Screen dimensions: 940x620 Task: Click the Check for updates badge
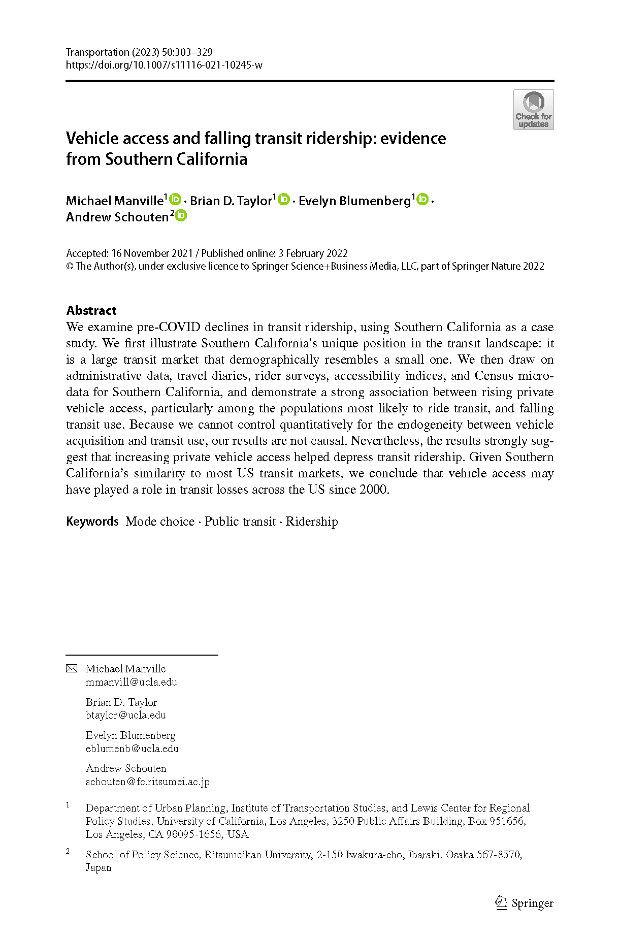coord(533,110)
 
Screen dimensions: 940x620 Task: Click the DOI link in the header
coord(164,65)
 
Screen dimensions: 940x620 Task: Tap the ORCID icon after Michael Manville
coord(176,199)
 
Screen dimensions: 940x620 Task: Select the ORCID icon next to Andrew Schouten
coord(181,216)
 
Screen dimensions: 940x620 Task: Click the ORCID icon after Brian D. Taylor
coord(284,199)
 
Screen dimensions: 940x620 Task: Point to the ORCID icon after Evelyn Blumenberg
coord(422,199)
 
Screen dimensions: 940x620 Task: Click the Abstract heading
coord(91,310)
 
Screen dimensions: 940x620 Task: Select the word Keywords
coord(92,522)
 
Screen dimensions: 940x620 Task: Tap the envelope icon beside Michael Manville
coord(72,669)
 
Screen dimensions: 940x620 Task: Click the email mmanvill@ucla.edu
coord(131,682)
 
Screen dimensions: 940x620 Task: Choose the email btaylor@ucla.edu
coord(125,715)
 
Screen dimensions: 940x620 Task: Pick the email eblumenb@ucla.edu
coord(132,749)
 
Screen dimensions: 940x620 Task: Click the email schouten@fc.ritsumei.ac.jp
coord(147,782)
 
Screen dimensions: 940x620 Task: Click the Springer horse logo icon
coord(501,902)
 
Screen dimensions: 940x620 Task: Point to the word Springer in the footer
coord(532,903)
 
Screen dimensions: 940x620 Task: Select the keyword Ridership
coord(312,522)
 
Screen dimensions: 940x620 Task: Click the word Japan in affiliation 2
coord(99,867)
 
